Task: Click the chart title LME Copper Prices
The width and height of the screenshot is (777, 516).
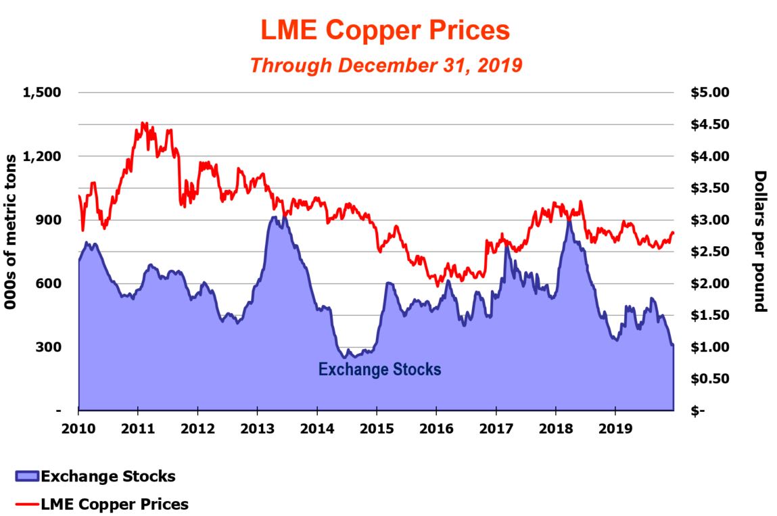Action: tap(385, 30)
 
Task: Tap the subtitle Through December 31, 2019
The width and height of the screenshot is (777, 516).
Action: tap(386, 65)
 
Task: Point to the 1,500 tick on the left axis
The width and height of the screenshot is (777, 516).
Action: tap(42, 93)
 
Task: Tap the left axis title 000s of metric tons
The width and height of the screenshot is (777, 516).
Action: tap(11, 232)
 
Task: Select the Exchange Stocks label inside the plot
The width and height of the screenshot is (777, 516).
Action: tap(379, 369)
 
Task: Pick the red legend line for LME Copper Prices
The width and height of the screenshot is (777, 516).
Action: tap(26, 505)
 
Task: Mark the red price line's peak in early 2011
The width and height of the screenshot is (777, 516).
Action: tap(143, 123)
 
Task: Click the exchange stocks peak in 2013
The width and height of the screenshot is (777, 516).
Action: tap(273, 217)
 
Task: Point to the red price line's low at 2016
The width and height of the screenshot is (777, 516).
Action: tap(438, 285)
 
